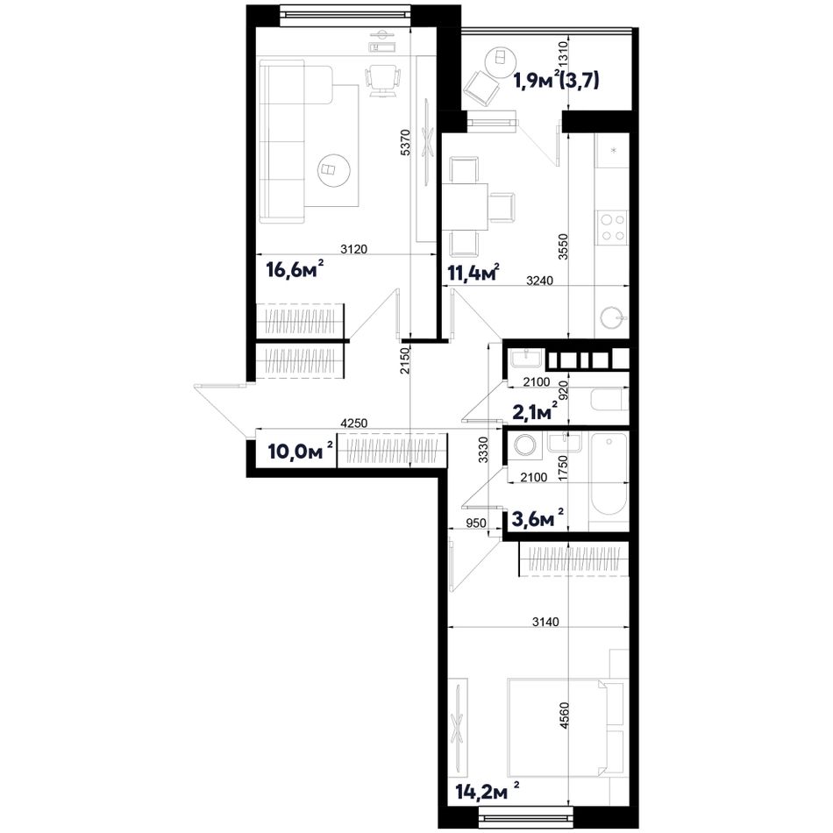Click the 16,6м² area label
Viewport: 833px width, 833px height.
pos(295,269)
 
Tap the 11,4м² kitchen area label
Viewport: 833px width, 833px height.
pos(473,273)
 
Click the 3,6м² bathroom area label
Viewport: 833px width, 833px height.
pos(538,518)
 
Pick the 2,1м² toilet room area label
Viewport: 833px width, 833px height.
pos(535,411)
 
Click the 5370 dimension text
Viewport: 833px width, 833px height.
pos(405,142)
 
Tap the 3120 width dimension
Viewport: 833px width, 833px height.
pos(354,249)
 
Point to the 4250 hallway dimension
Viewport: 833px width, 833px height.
pos(354,423)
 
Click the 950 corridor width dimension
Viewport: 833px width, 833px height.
pos(476,523)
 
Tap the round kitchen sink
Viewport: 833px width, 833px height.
pos(614,317)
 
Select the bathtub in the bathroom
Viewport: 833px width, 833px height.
pos(609,474)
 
